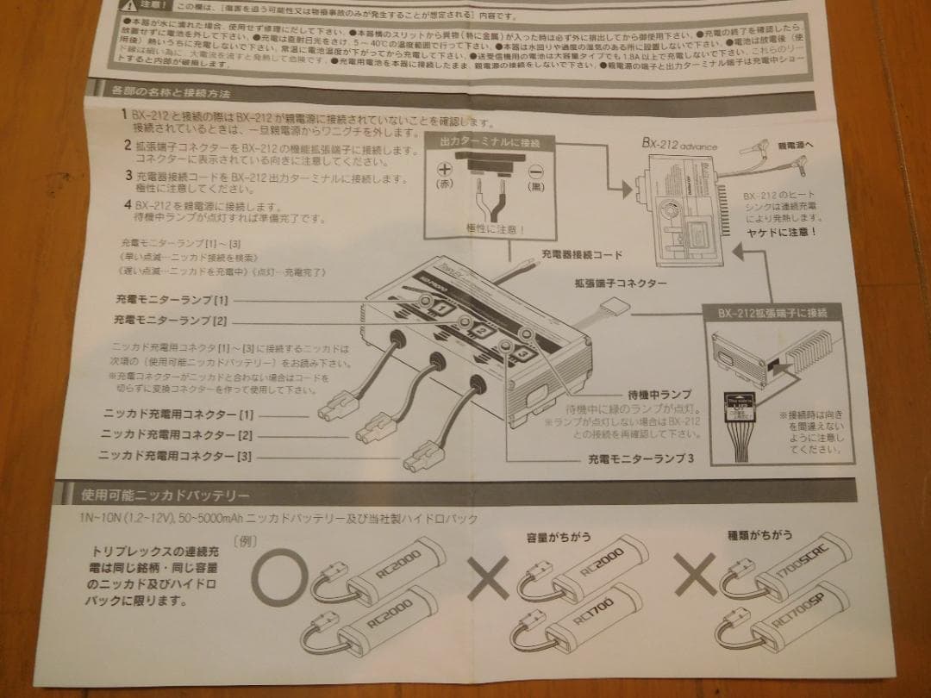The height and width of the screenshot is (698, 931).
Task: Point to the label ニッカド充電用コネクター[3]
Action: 178,456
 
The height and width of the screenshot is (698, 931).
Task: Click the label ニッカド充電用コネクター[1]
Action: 178,414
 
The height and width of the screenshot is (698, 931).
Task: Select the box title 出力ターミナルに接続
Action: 489,141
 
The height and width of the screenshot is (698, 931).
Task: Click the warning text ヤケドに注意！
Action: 785,232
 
